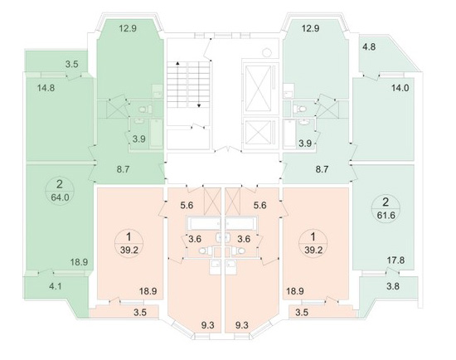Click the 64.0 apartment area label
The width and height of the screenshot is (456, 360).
[61, 197]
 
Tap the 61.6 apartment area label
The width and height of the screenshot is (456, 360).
[386, 216]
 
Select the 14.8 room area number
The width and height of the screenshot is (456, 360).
[46, 88]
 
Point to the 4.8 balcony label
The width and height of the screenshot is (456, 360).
[369, 46]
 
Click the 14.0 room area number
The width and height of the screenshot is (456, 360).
[400, 88]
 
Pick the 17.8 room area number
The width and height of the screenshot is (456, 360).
[395, 260]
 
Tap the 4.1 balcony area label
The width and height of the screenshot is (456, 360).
[56, 286]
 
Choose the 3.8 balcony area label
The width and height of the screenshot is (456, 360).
[393, 286]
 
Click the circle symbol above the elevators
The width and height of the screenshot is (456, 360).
[267, 53]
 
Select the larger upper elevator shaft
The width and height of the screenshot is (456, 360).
[258, 89]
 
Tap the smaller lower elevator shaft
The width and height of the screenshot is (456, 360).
[258, 132]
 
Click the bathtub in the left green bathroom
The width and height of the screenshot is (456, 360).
[157, 134]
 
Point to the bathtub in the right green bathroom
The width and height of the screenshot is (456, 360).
[289, 134]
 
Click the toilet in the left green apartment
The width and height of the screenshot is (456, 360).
[145, 109]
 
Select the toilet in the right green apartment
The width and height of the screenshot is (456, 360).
[300, 109]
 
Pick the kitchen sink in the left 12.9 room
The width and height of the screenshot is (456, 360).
[158, 91]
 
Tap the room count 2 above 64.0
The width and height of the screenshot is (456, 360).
[60, 184]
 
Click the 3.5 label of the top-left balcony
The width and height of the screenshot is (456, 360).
[71, 65]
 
